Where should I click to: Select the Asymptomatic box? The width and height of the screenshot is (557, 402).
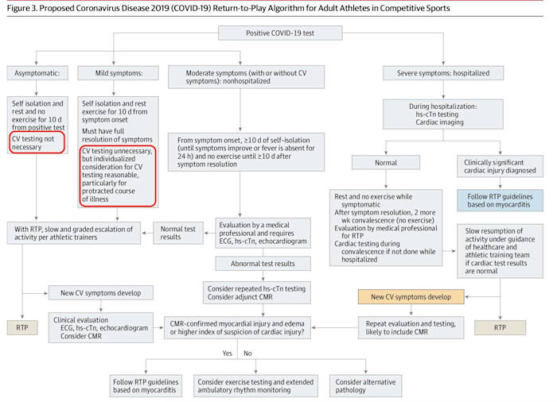35,73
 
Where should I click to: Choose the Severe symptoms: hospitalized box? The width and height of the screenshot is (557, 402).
438,73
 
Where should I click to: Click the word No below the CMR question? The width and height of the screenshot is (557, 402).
247,352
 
